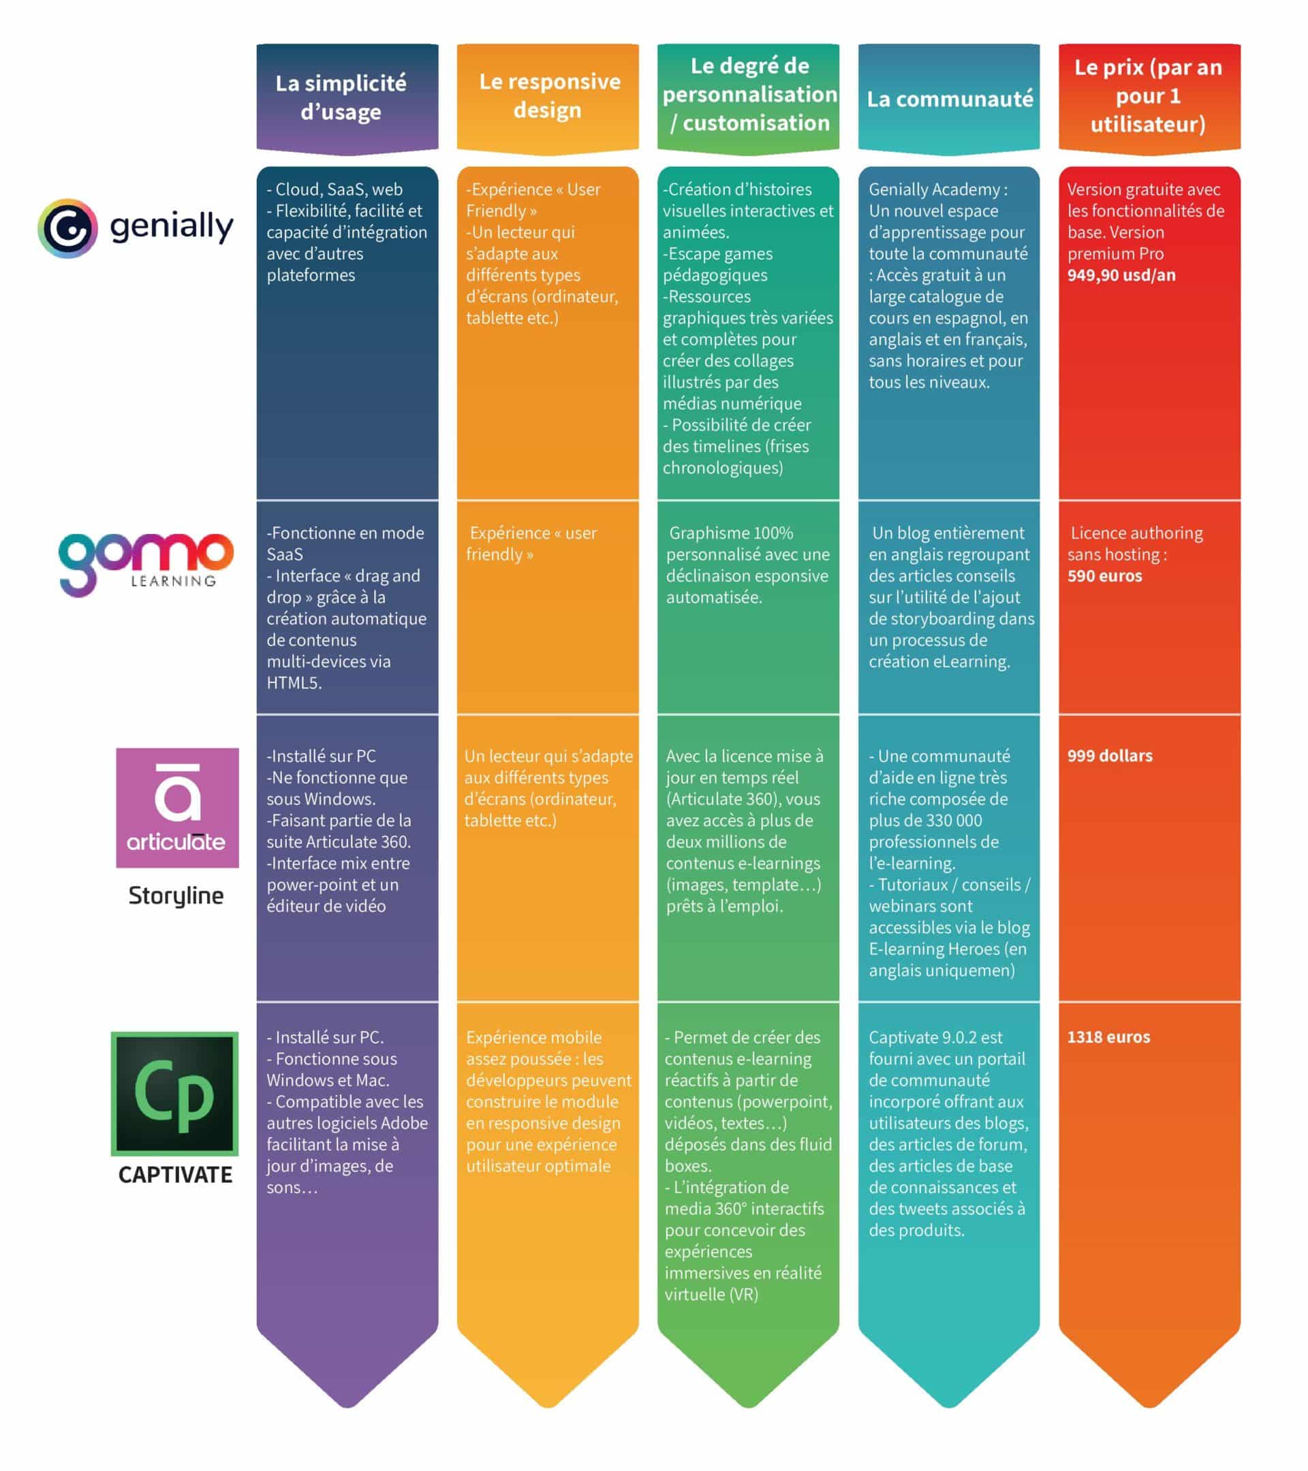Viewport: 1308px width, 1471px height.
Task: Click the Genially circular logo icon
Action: click(x=67, y=228)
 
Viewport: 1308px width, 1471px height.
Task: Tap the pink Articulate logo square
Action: click(x=177, y=808)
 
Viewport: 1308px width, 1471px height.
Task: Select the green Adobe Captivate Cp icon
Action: click(x=175, y=1094)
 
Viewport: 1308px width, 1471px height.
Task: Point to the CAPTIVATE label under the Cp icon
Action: click(x=176, y=1175)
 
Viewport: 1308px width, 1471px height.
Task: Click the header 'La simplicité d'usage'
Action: click(x=341, y=97)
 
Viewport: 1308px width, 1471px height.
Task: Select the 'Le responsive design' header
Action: click(x=549, y=96)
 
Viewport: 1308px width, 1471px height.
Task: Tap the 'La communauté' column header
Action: click(x=950, y=99)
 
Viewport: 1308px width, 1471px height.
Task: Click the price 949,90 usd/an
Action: click(x=1121, y=275)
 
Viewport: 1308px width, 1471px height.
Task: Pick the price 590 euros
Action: click(x=1104, y=575)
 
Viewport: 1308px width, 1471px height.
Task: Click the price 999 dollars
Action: click(x=1109, y=756)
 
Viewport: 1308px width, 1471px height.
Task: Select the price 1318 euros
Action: click(x=1108, y=1037)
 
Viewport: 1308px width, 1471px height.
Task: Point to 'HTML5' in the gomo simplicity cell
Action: click(x=294, y=682)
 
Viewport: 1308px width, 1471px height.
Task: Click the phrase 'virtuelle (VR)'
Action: click(x=711, y=1294)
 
